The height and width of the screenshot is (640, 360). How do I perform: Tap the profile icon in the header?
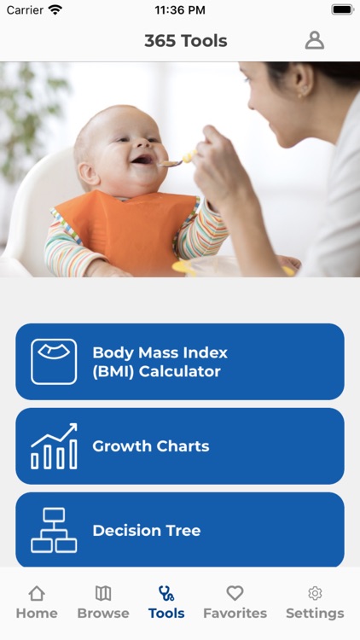315,40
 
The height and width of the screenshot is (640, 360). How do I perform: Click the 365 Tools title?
185,41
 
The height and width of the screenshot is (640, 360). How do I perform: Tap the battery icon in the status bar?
342,9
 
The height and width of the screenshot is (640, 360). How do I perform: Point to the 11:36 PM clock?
180,10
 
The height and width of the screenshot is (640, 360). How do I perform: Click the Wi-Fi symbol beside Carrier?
55,10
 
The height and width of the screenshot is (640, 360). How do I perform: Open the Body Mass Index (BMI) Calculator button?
180,362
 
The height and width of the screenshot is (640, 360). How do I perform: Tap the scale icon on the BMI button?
54,362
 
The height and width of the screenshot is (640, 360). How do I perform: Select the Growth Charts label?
150,446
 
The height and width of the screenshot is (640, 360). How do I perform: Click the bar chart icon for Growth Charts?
54,446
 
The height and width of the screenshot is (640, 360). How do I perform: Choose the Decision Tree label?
146,531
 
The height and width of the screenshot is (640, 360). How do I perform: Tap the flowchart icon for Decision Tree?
54,530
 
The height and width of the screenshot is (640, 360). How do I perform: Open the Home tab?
37,602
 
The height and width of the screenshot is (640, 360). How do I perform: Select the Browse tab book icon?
103,593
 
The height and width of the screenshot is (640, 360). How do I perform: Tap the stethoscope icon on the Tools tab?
166,593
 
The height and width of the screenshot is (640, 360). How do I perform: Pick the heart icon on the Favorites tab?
235,593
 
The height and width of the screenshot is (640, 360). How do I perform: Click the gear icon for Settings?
315,593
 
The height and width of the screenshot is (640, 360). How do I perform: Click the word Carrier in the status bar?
25,10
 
